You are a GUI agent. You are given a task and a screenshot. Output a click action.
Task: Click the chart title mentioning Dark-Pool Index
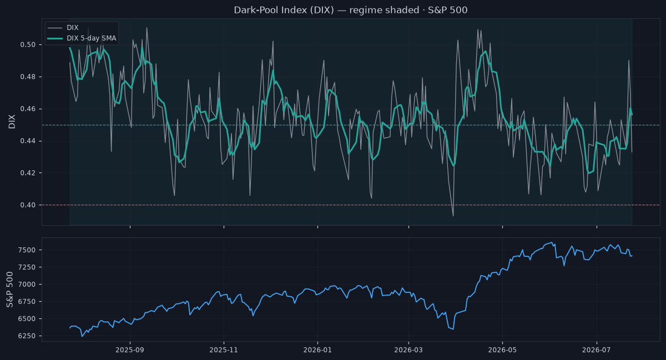[x=351, y=10]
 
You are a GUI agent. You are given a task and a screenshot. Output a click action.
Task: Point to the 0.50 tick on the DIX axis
[x=28, y=44]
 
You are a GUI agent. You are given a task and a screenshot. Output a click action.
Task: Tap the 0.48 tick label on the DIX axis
[x=28, y=77]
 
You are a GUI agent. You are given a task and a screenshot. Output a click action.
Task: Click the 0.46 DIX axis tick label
[x=28, y=109]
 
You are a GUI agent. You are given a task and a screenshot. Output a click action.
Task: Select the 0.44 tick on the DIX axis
[x=28, y=141]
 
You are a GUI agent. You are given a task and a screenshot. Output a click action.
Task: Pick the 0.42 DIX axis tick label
[x=28, y=173]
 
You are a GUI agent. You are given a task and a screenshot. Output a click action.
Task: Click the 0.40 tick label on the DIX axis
[x=28, y=205]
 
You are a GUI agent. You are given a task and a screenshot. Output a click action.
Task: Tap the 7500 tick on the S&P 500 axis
[x=28, y=250]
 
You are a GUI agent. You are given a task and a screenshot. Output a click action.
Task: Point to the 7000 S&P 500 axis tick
[x=28, y=285]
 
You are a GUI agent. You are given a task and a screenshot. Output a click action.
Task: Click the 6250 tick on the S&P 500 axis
[x=28, y=336]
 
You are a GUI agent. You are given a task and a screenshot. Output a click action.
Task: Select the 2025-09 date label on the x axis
[x=130, y=350]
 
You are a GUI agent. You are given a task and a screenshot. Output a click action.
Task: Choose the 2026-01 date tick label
[x=317, y=350]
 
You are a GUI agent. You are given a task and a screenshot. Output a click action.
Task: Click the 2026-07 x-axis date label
[x=597, y=350]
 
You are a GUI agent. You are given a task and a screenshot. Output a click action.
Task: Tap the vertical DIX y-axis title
[x=12, y=121]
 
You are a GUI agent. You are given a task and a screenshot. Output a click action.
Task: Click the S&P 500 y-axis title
[x=10, y=290]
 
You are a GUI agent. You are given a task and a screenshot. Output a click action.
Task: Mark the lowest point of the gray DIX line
[x=453, y=216]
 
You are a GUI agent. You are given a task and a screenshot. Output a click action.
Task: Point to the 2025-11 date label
[x=224, y=350]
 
